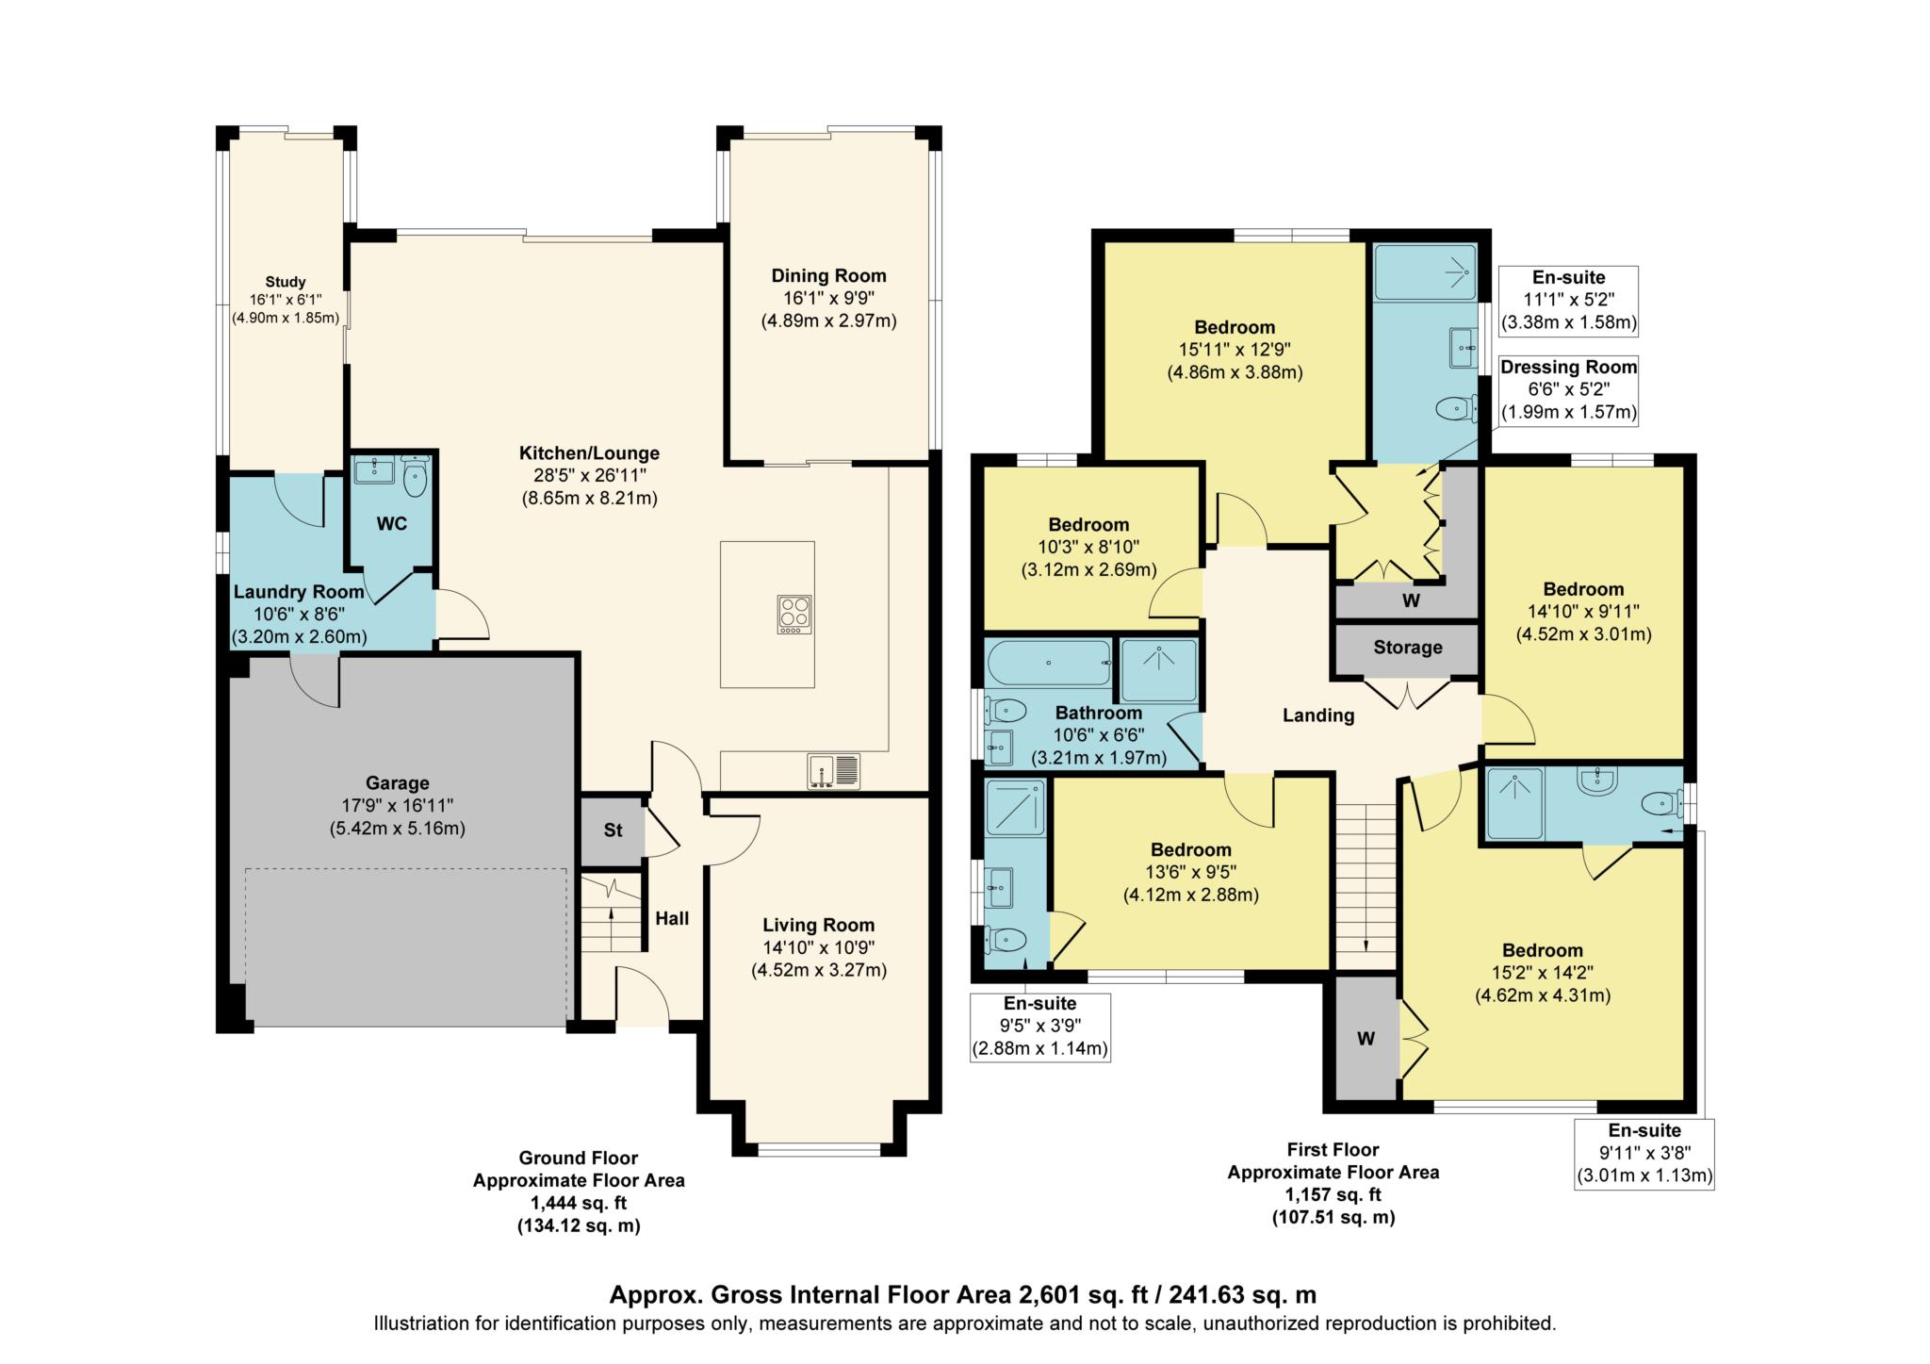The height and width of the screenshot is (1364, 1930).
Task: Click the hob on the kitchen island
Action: pyautogui.click(x=795, y=615)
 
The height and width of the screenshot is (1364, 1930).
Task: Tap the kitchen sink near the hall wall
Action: pyautogui.click(x=833, y=771)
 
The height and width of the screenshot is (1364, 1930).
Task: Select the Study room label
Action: pyautogui.click(x=285, y=282)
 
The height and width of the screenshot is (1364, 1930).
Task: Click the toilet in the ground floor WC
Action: pyautogui.click(x=415, y=477)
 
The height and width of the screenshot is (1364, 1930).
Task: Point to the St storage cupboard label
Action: pyautogui.click(x=613, y=830)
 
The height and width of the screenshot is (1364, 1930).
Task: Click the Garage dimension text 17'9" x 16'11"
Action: pyautogui.click(x=397, y=806)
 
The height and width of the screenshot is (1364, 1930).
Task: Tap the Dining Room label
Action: pyautogui.click(x=828, y=276)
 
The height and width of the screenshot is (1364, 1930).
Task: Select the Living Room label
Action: pyautogui.click(x=818, y=926)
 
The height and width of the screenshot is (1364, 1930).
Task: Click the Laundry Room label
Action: pyautogui.click(x=299, y=592)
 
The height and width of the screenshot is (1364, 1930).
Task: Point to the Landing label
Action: pyautogui.click(x=1317, y=715)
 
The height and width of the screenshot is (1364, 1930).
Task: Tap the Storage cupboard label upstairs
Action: pyautogui.click(x=1407, y=648)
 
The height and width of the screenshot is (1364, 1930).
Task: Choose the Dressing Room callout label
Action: pyautogui.click(x=1568, y=368)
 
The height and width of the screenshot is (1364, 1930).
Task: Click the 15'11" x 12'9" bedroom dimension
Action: pyautogui.click(x=1235, y=350)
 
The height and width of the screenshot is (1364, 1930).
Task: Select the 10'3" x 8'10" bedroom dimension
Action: pyautogui.click(x=1088, y=547)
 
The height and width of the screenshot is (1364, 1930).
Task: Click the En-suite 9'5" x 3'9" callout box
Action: pyautogui.click(x=1039, y=1026)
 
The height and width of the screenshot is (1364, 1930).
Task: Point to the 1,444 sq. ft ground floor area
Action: pyautogui.click(x=578, y=1203)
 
